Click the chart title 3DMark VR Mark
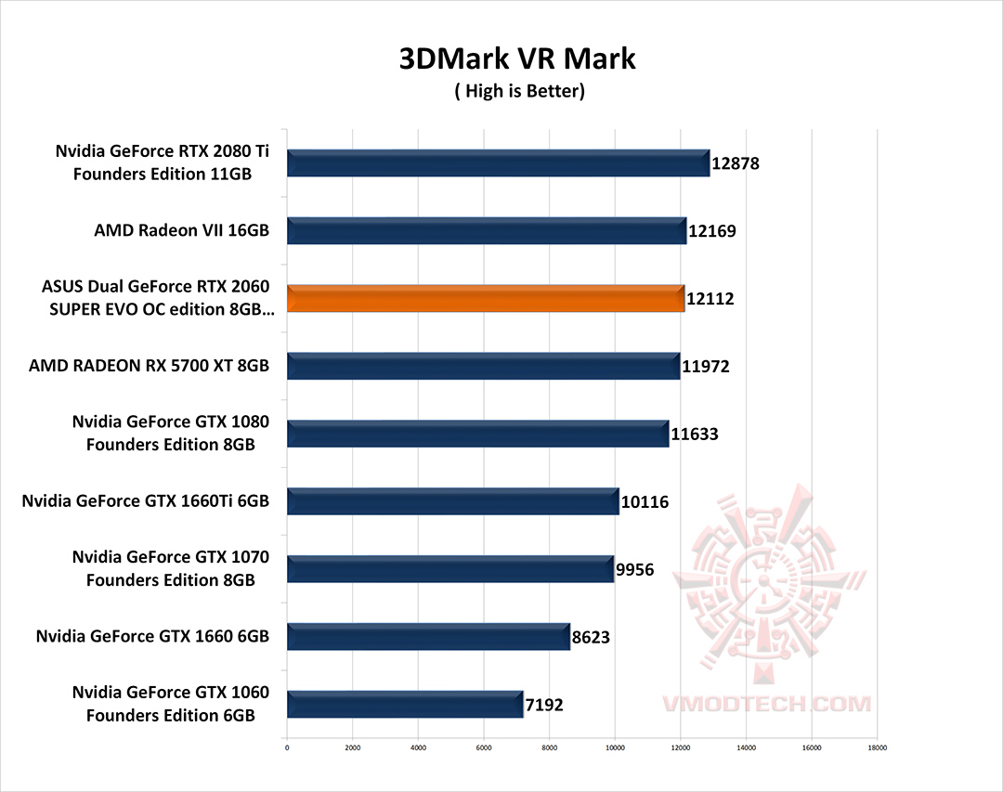pyautogui.click(x=517, y=58)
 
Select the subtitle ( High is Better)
pyautogui.click(x=518, y=91)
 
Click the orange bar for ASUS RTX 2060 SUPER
pyautogui.click(x=485, y=298)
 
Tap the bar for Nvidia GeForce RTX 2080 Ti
pyautogui.click(x=498, y=162)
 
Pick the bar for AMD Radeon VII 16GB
pyautogui.click(x=486, y=230)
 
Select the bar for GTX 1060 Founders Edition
pyautogui.click(x=405, y=704)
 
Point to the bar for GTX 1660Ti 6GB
pyautogui.click(x=452, y=501)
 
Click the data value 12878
pyautogui.click(x=736, y=163)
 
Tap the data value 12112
pyautogui.click(x=711, y=299)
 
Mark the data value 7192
pyautogui.click(x=543, y=705)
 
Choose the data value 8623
pyautogui.click(x=591, y=638)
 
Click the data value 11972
pyautogui.click(x=706, y=367)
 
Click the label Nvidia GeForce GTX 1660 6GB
pyautogui.click(x=152, y=636)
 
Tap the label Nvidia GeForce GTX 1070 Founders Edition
pyautogui.click(x=170, y=569)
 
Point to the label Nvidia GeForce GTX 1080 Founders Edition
pyautogui.click(x=170, y=434)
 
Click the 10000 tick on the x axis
pyautogui.click(x=614, y=746)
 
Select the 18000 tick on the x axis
pyautogui.click(x=877, y=746)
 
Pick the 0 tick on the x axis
pyautogui.click(x=287, y=746)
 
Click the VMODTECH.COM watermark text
pyautogui.click(x=766, y=704)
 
